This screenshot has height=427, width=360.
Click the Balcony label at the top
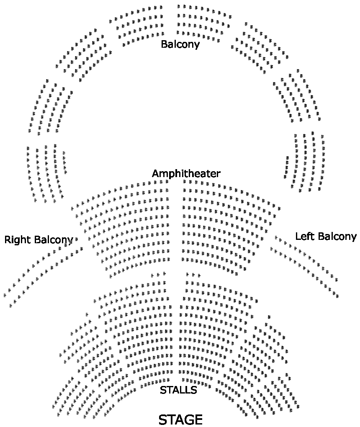click(x=180, y=44)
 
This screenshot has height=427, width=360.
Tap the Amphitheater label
click(x=186, y=173)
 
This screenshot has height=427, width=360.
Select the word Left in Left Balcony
click(x=304, y=236)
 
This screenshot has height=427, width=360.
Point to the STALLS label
click(x=178, y=390)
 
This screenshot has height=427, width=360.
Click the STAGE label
click(x=180, y=419)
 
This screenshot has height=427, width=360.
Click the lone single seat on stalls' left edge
click(x=87, y=314)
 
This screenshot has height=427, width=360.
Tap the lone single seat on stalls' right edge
click(x=269, y=317)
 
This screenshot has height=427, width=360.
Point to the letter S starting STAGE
click(x=163, y=419)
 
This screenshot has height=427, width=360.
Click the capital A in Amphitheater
click(x=155, y=173)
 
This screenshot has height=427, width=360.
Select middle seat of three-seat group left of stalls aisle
click(x=158, y=275)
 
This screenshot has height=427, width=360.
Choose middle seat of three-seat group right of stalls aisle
click(x=193, y=275)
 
